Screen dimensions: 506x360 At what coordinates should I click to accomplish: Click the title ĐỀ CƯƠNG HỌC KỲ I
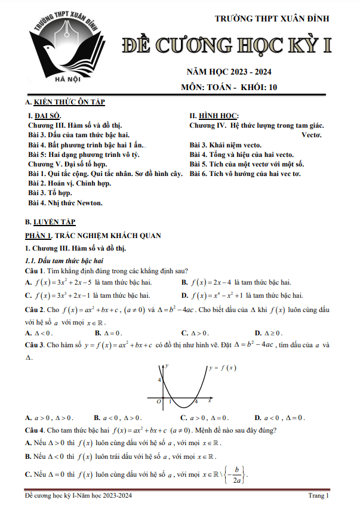click(227, 45)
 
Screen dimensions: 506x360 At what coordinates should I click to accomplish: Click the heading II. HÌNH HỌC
click(214, 116)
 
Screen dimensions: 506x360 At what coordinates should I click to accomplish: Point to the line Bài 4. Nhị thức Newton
click(65, 203)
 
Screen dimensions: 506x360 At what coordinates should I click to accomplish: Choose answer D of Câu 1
click(241, 295)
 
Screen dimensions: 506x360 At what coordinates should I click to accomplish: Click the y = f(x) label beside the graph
click(223, 368)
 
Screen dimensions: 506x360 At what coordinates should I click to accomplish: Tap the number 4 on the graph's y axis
click(159, 379)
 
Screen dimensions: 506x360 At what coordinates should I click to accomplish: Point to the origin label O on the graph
click(158, 402)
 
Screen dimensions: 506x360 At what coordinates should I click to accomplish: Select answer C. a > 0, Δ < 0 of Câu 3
click(205, 418)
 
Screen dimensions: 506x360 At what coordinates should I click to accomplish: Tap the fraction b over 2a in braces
click(238, 475)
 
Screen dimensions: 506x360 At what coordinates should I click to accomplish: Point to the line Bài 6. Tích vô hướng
click(245, 174)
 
